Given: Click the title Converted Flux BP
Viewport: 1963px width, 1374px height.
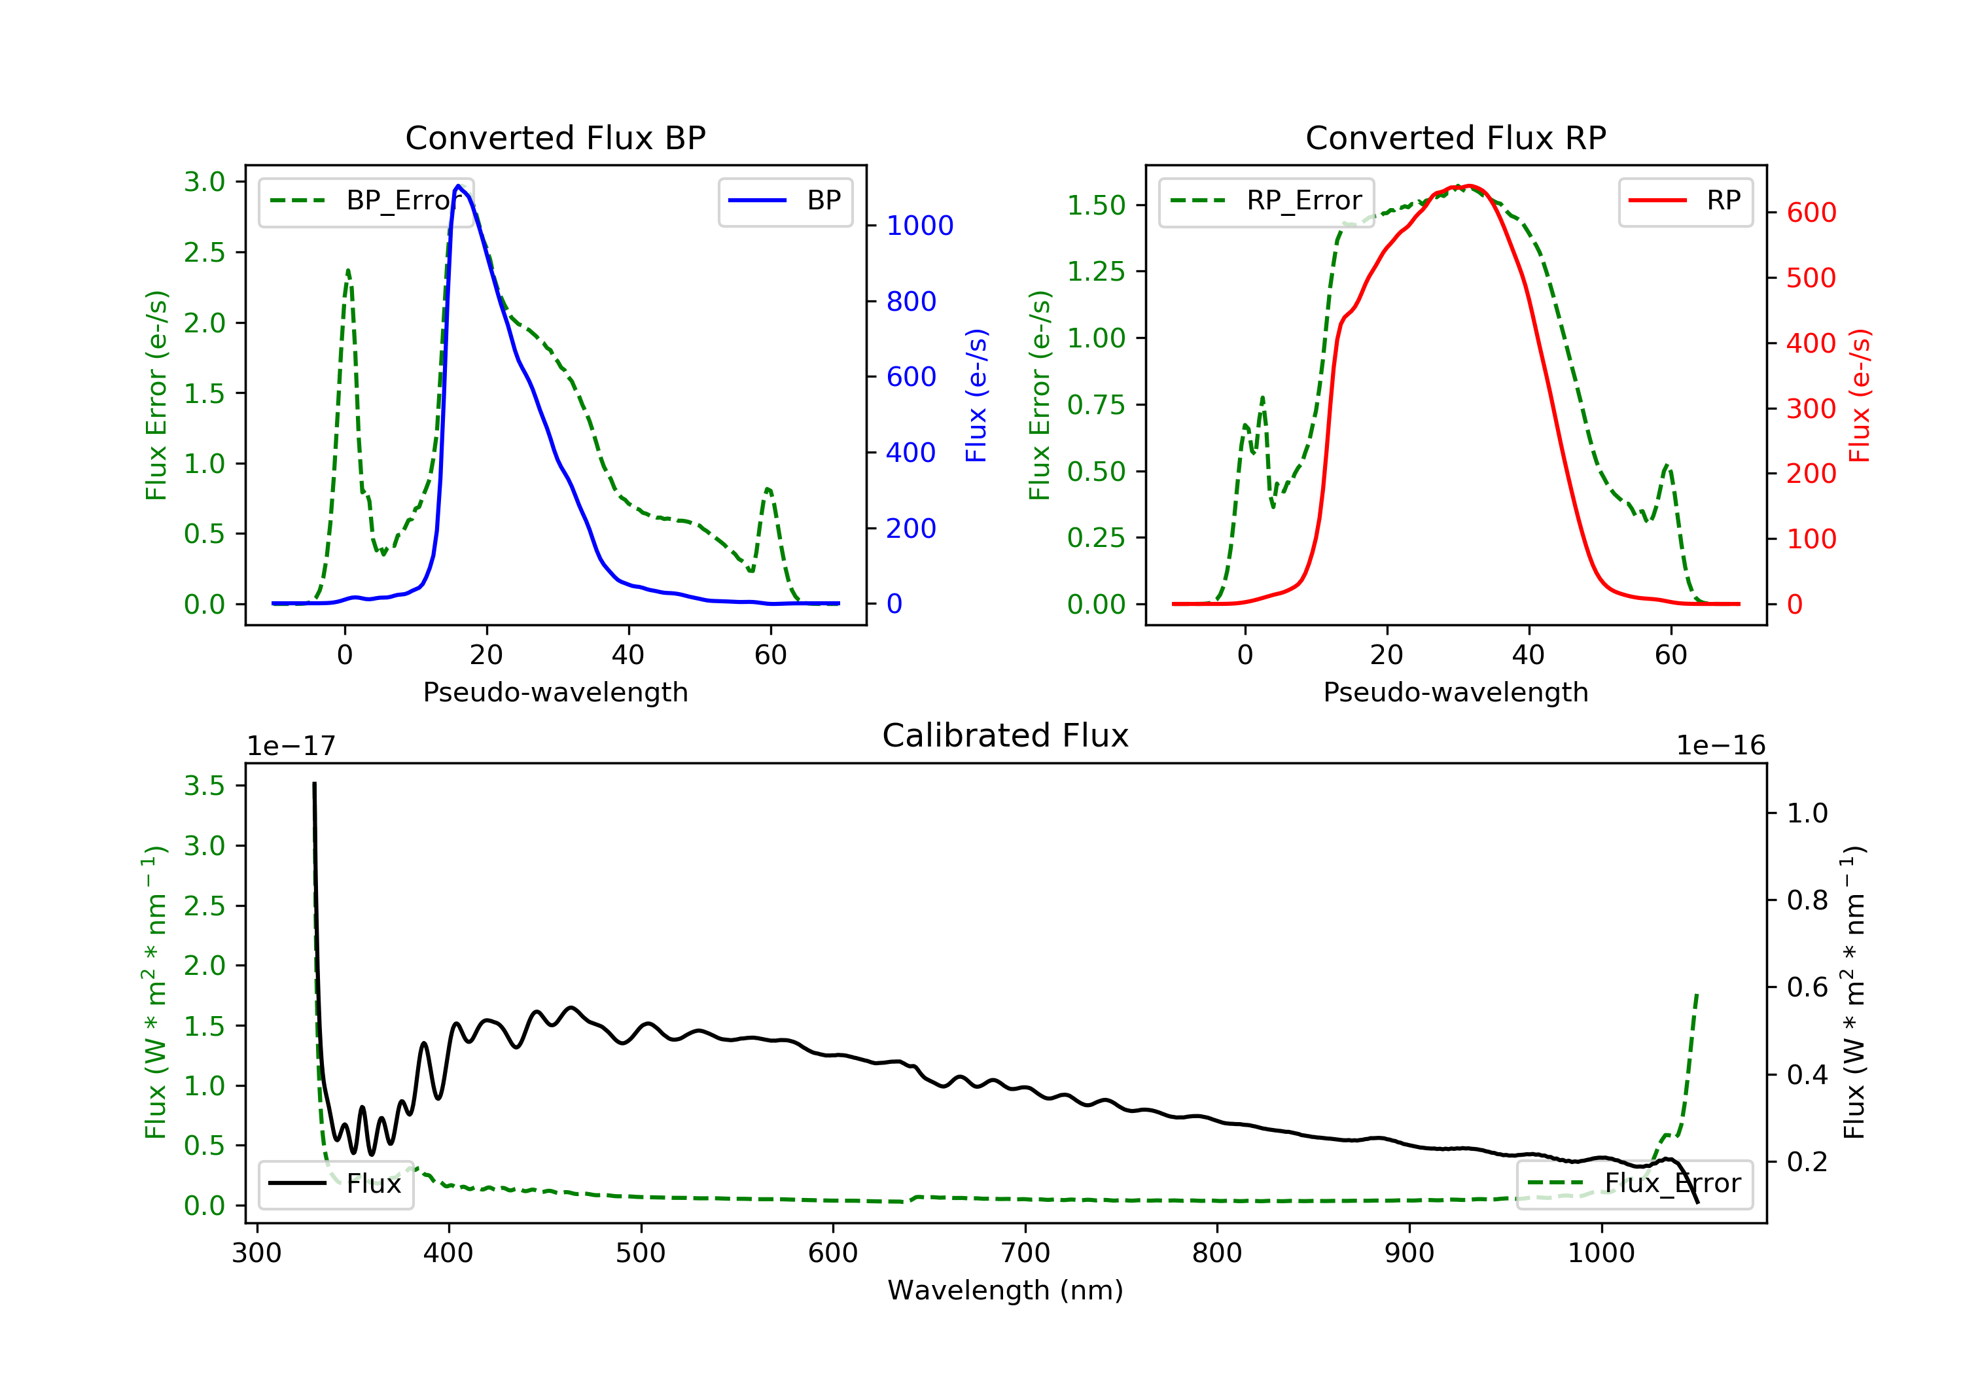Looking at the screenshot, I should [555, 137].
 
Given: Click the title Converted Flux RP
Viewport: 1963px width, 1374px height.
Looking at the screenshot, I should [1455, 137].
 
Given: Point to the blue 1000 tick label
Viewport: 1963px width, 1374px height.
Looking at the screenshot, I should [919, 226].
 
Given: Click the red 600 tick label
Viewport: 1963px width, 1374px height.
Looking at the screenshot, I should [1811, 212].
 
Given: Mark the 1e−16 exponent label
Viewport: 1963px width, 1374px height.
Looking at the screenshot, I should [1720, 746].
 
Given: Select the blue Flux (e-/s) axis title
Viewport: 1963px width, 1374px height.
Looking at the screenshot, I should [976, 395].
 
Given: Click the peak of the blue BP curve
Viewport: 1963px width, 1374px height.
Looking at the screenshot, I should [458, 186].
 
